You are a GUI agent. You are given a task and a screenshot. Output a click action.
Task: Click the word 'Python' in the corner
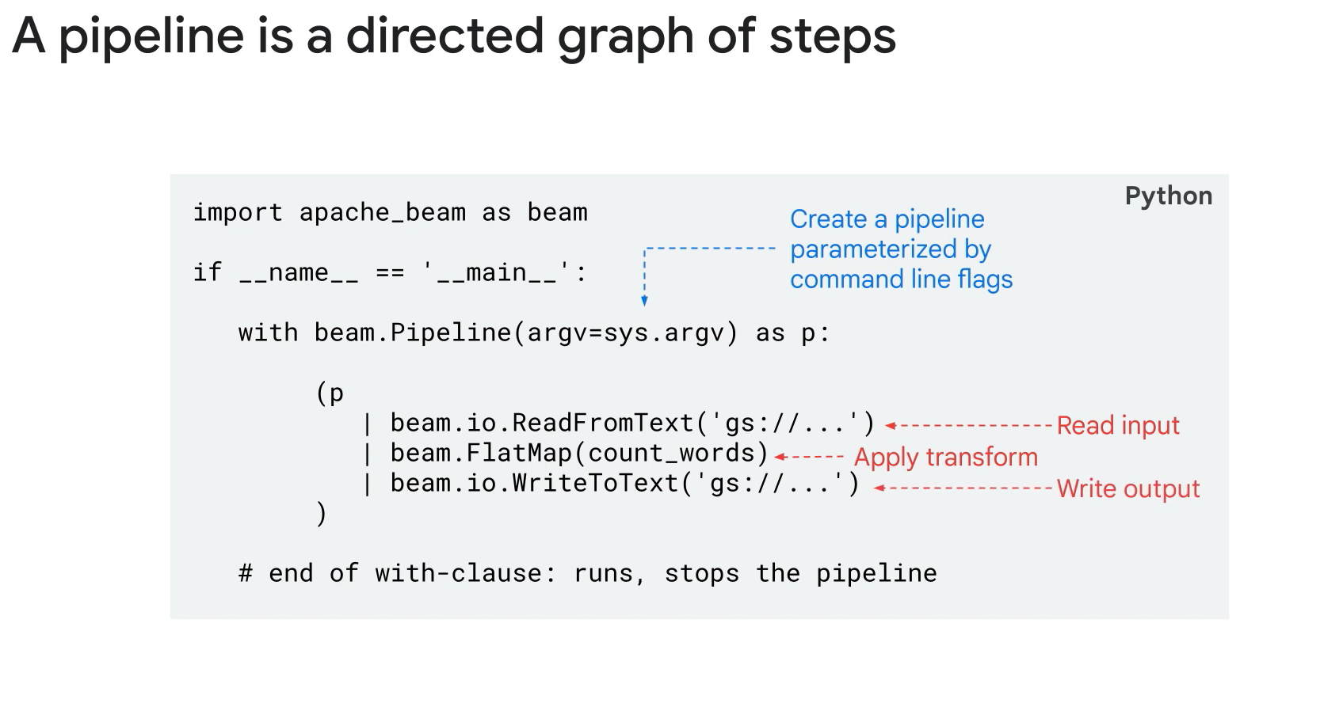coord(1168,196)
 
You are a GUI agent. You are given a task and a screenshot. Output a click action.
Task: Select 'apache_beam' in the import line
coord(382,212)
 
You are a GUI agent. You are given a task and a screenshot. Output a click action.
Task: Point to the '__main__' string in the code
coord(497,272)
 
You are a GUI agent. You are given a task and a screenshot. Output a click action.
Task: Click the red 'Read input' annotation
coord(1118,425)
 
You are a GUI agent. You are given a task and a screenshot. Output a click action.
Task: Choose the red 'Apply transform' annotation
coord(945,457)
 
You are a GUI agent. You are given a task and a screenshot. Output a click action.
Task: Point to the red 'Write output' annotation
coord(1127,488)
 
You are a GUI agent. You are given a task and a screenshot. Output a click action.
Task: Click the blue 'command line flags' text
coord(901,279)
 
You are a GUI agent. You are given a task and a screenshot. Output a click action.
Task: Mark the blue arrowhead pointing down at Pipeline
coord(644,301)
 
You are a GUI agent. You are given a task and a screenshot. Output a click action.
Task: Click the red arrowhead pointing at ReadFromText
coord(891,426)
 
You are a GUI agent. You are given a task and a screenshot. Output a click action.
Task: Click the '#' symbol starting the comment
coord(246,573)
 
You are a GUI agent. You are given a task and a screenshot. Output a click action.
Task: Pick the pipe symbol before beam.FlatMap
coord(367,454)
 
